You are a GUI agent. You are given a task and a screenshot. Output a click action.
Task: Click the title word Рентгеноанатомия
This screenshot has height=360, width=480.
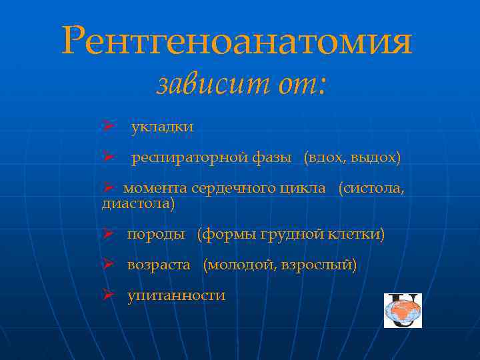[x=237, y=41]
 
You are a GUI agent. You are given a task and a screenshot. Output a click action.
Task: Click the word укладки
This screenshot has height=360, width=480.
[x=162, y=127]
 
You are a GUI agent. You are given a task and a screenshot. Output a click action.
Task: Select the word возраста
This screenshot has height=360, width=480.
[x=159, y=265]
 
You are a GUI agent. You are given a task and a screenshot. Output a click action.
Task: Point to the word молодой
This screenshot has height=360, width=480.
[x=239, y=265]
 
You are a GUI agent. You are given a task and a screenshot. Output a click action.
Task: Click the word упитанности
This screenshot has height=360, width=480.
[x=176, y=295]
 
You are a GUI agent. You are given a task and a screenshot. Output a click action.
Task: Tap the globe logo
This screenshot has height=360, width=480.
[x=403, y=311]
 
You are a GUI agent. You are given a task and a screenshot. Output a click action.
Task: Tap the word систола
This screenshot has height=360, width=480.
[x=373, y=189]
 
